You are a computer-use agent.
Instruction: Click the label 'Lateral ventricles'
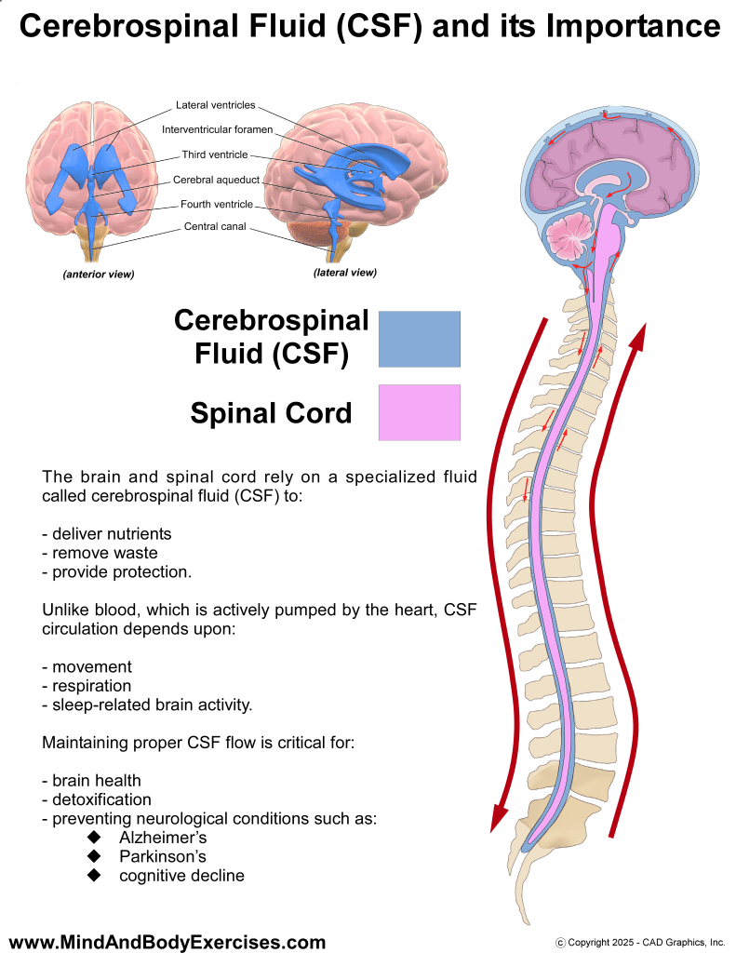215,105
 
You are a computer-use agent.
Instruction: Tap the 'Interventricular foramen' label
217,129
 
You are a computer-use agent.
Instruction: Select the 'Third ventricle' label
215,154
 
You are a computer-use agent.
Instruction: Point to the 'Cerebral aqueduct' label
217,180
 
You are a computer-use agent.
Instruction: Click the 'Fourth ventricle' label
217,204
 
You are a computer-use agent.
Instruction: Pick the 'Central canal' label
215,226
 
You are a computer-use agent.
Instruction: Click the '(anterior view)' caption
99,275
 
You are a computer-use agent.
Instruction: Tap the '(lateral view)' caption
345,273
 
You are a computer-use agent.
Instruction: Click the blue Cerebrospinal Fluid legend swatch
419,339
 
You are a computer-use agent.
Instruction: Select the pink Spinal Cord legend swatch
419,412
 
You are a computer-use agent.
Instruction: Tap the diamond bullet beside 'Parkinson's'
93,856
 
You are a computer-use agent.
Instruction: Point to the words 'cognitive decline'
181,876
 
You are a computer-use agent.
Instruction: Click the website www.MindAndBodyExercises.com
167,942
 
